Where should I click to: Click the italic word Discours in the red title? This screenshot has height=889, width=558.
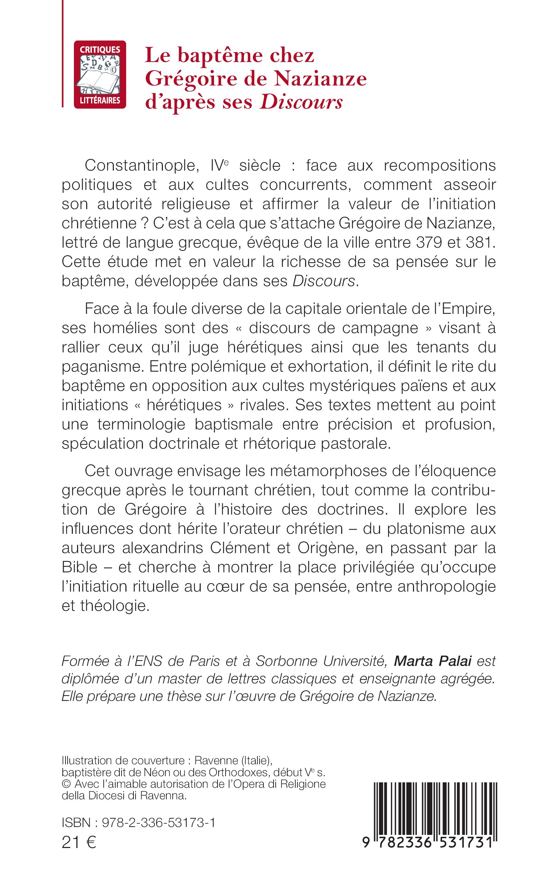[x=301, y=102]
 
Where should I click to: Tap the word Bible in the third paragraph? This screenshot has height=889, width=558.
[x=80, y=567]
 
